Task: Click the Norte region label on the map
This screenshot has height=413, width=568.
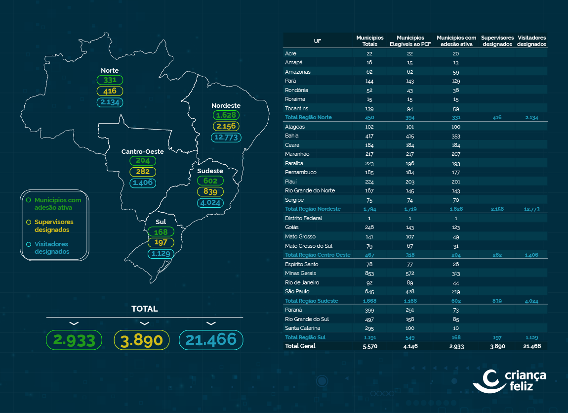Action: [110, 70]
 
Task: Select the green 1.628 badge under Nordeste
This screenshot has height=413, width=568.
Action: [226, 115]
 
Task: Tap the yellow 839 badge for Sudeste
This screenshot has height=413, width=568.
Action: [210, 191]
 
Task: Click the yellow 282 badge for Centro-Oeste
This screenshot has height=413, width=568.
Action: [143, 172]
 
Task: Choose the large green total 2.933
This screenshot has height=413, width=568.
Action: [74, 340]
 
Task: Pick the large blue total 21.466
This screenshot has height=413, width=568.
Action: [211, 340]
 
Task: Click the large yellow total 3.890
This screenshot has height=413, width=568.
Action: [142, 340]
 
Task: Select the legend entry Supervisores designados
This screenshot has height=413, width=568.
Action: [54, 226]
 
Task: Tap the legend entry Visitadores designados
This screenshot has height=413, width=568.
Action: [51, 248]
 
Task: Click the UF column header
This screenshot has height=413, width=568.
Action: [317, 41]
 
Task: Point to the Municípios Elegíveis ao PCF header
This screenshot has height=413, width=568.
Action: [410, 41]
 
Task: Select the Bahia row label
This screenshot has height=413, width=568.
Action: [292, 136]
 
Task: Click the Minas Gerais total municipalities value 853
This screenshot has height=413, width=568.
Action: [369, 273]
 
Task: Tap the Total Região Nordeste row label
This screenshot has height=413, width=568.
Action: [313, 209]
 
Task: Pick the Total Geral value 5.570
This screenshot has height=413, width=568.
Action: [369, 346]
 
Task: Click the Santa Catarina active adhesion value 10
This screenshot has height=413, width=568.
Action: [455, 328]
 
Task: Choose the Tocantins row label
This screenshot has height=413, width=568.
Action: [296, 108]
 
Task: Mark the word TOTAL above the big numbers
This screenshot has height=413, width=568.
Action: [144, 309]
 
